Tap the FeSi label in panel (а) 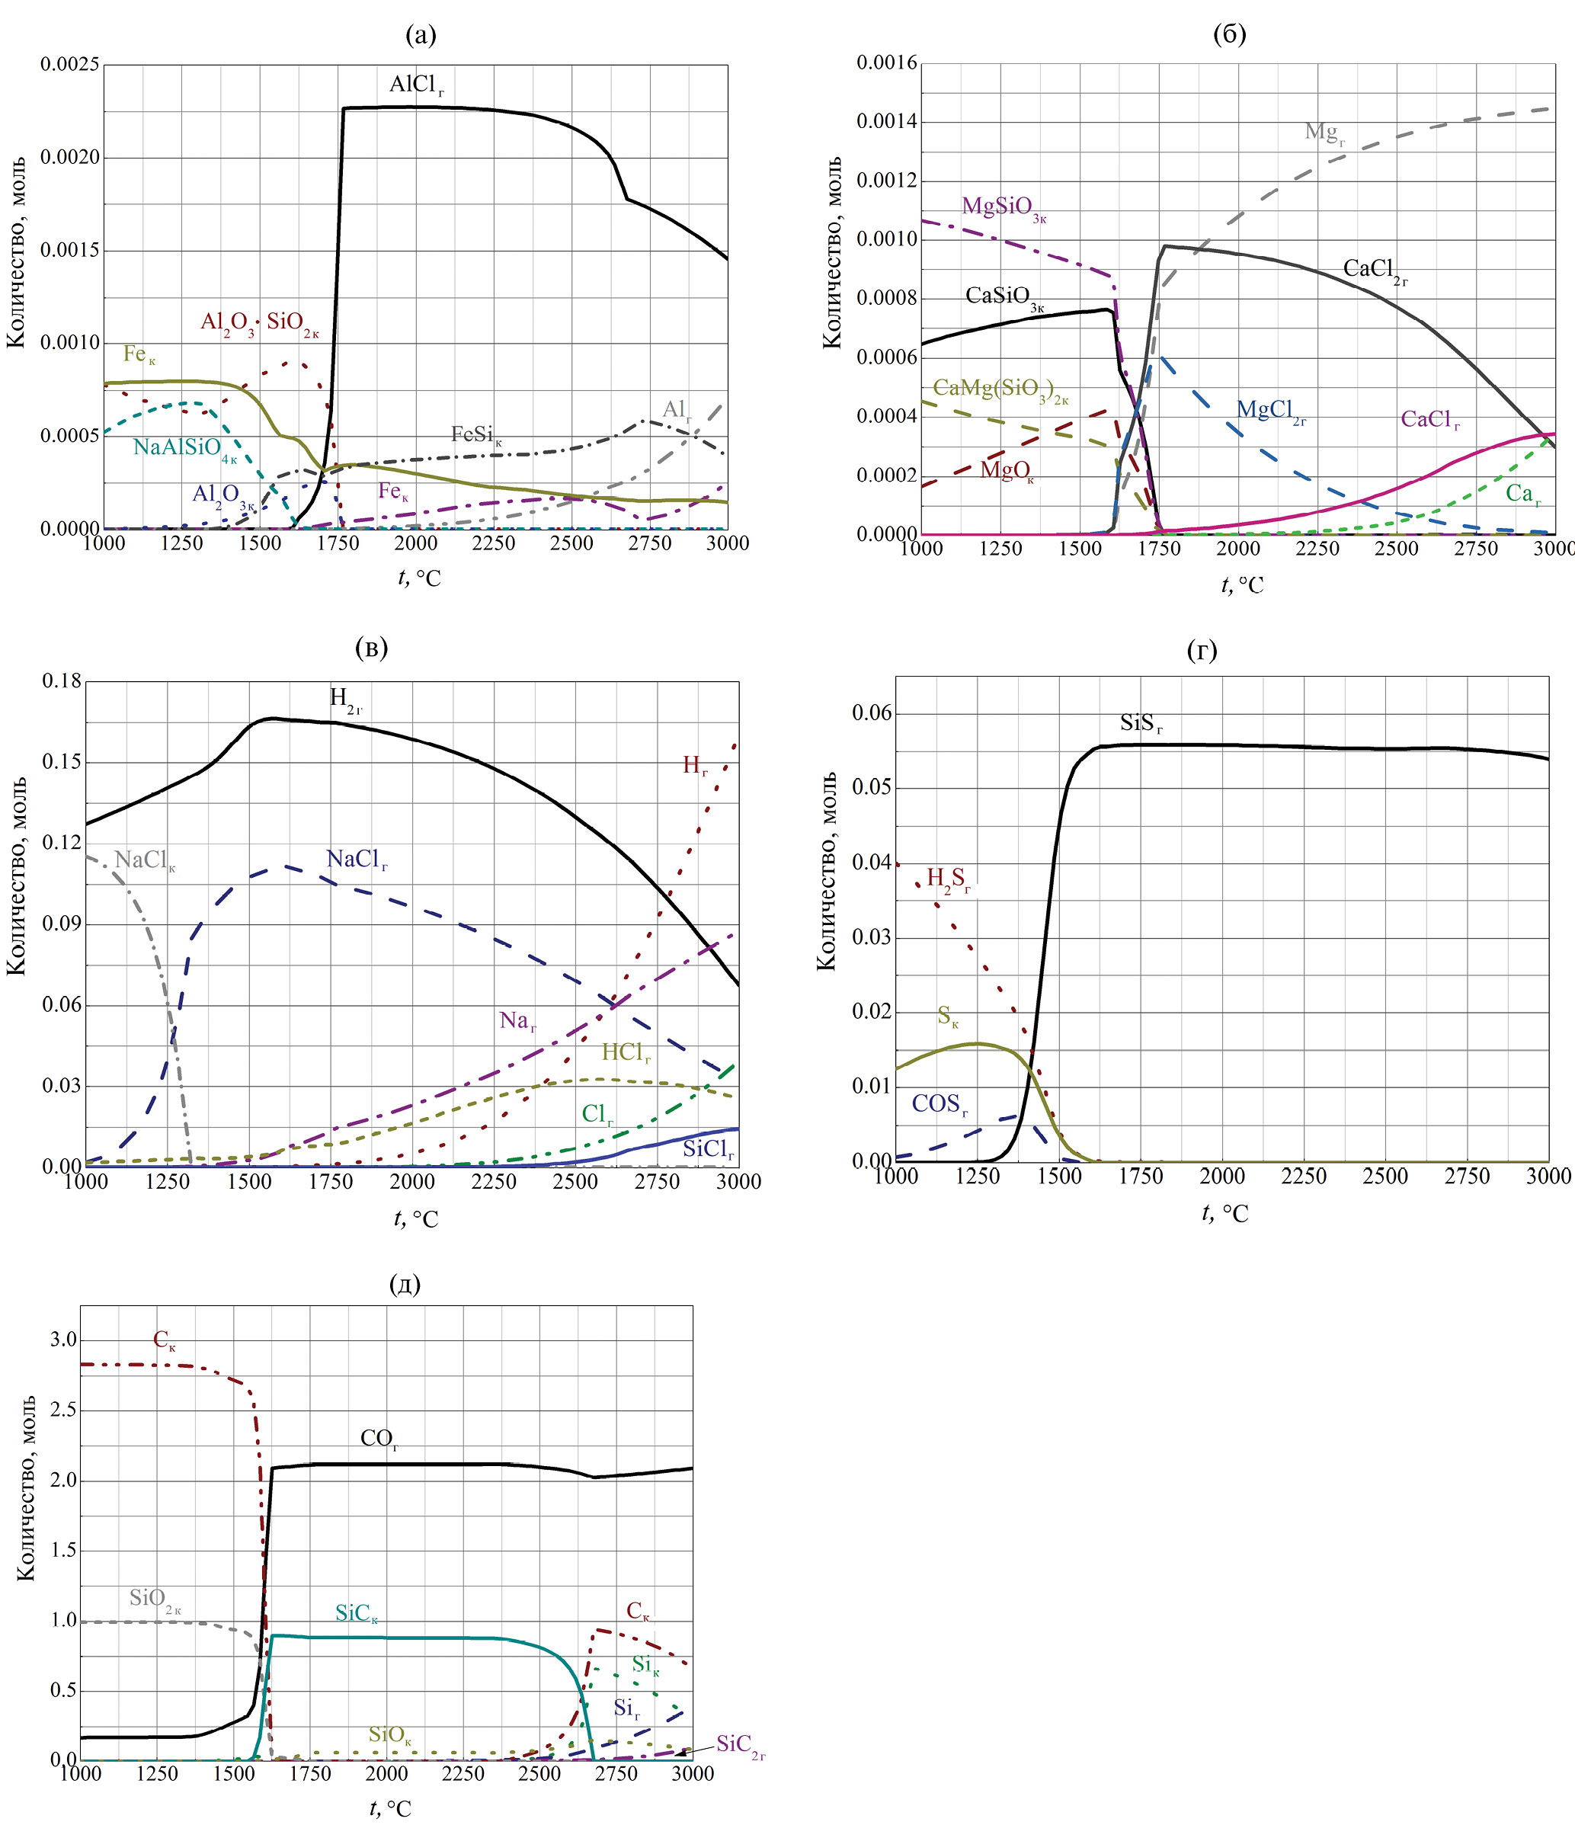tap(475, 435)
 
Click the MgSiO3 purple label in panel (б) tap(1004, 208)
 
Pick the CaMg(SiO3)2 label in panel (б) tap(1000, 389)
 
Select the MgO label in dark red tap(1007, 471)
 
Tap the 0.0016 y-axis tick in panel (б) tap(886, 62)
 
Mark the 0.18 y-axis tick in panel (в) tap(62, 681)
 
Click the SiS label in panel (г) tap(1141, 724)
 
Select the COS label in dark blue tap(939, 1104)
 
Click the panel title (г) tap(1202, 651)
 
